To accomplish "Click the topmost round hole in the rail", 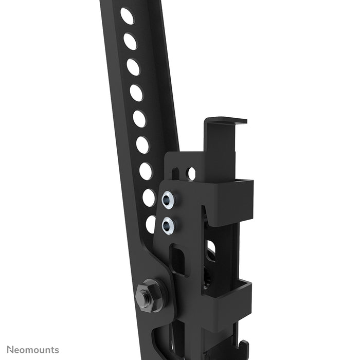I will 127,16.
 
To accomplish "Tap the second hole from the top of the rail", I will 130,42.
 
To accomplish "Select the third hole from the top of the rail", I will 133,67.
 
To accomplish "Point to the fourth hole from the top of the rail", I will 136,93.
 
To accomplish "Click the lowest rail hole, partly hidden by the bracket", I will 151,224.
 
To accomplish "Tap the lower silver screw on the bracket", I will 168,225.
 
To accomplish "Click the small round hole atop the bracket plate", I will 191,174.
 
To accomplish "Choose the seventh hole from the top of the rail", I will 146,171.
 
